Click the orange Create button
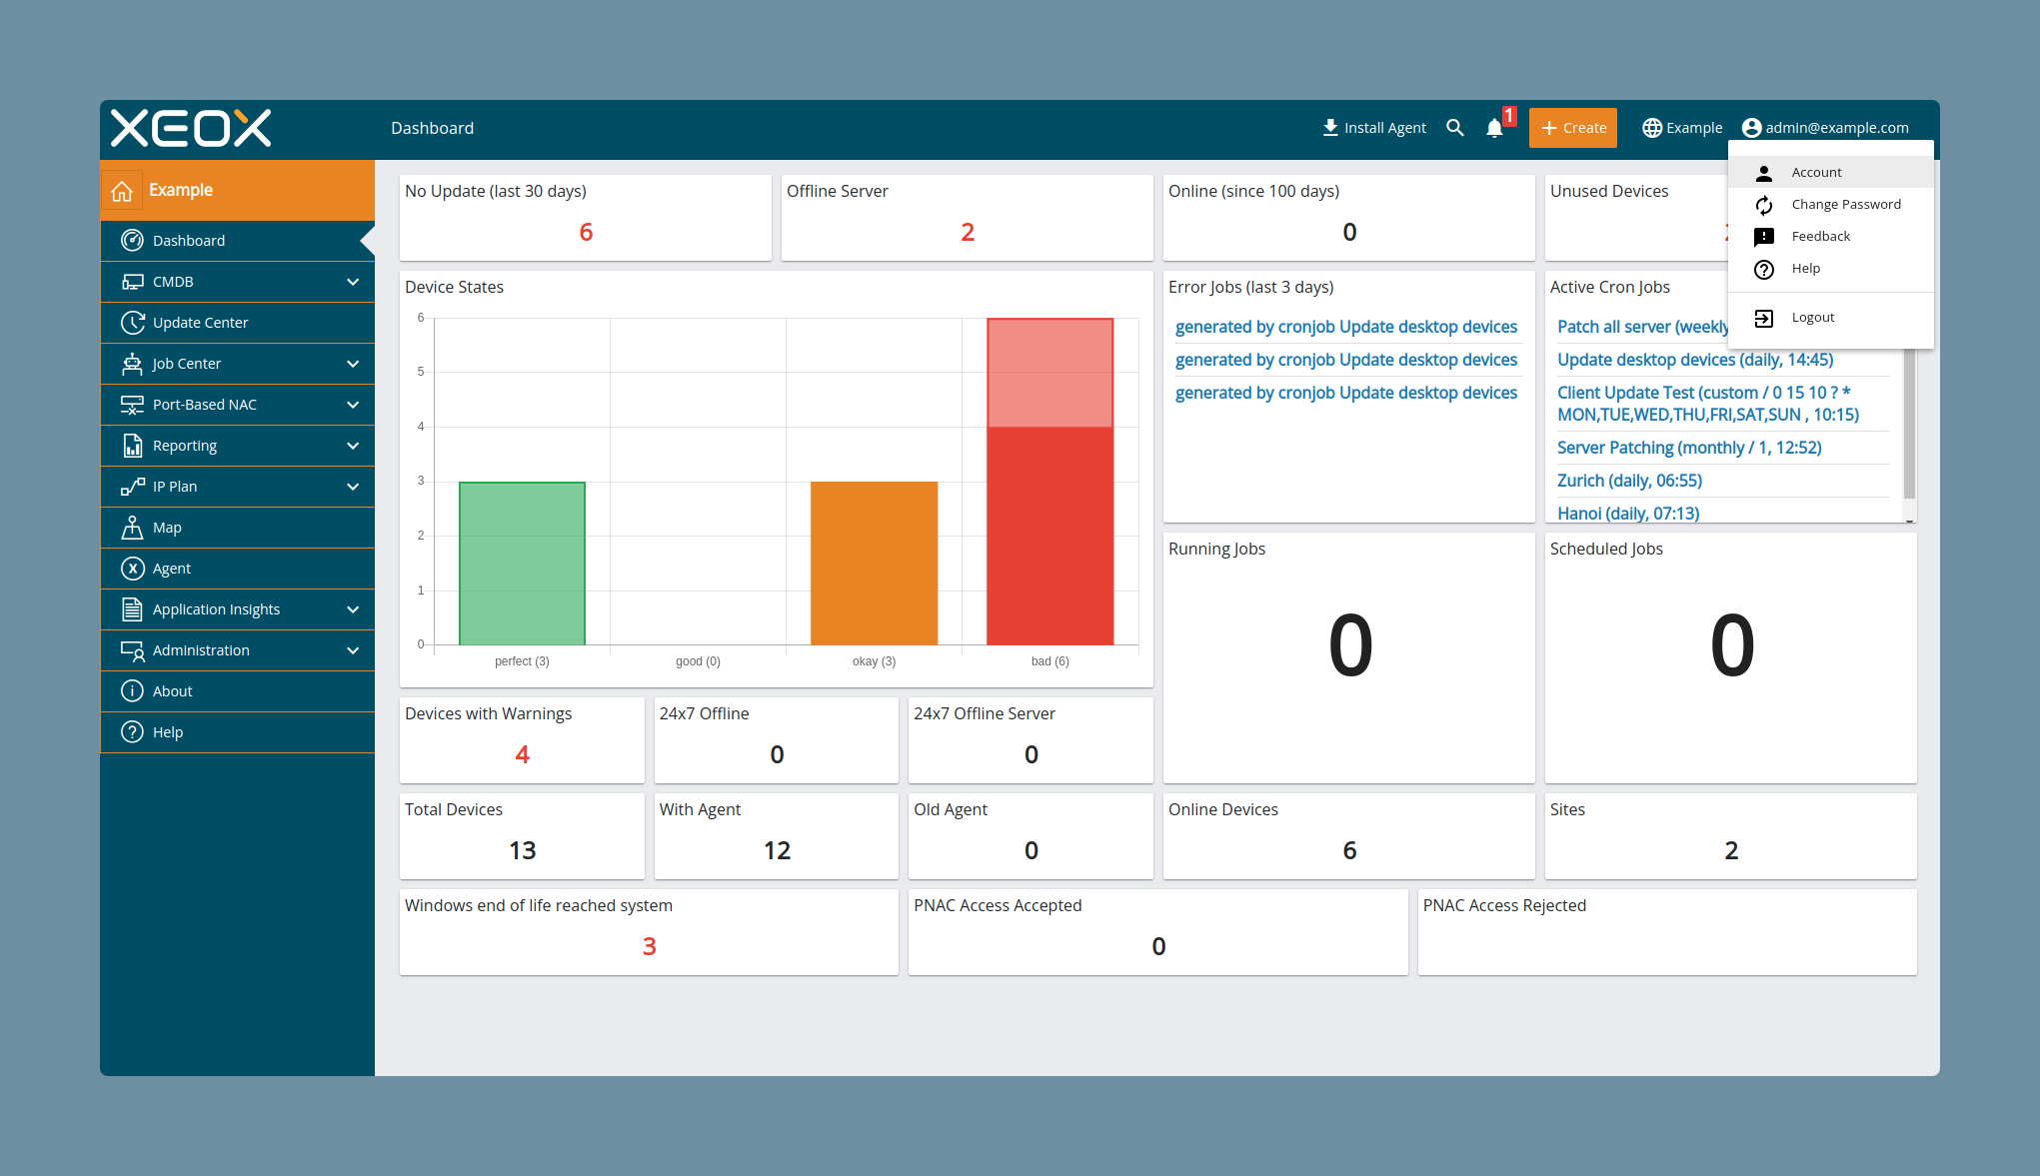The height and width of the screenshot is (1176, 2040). (x=1572, y=128)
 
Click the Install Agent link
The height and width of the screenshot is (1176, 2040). (x=1374, y=128)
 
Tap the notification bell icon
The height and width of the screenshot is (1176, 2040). (x=1494, y=128)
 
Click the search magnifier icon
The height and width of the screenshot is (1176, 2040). (x=1455, y=128)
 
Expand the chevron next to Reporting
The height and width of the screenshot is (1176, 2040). (x=353, y=446)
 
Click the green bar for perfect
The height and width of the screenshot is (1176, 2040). (x=522, y=564)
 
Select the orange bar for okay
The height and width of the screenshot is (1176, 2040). (x=875, y=564)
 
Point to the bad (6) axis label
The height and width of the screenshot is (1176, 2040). (x=1050, y=661)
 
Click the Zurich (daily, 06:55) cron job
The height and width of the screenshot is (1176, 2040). (x=1629, y=481)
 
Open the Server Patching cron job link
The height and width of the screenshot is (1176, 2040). (x=1689, y=448)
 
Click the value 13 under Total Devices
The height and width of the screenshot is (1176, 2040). (x=523, y=850)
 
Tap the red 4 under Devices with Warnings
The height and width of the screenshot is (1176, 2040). (x=523, y=754)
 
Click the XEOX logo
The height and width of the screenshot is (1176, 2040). (x=191, y=128)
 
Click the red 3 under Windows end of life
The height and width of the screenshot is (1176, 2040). (x=650, y=946)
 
